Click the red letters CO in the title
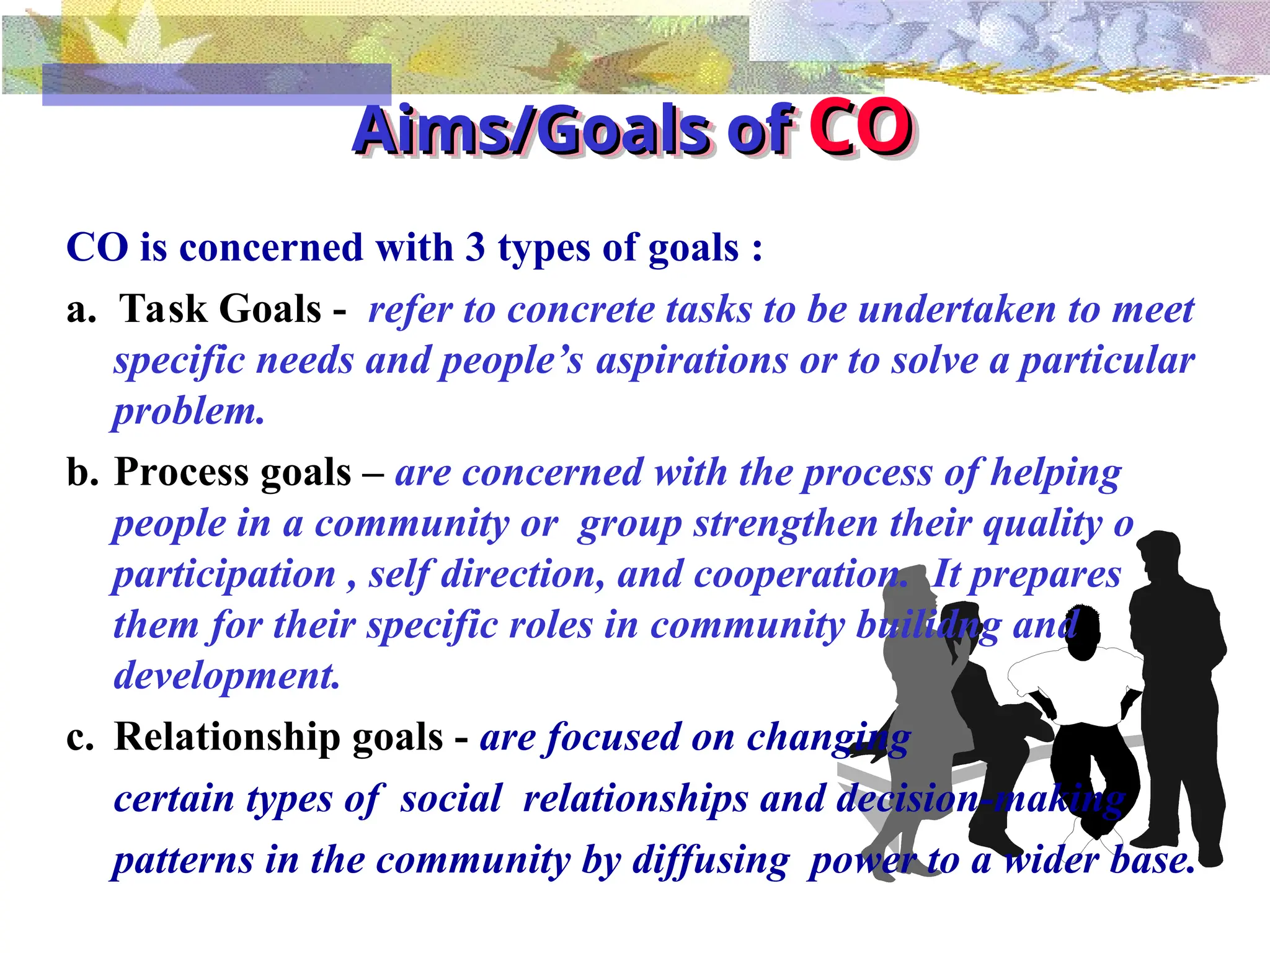click(861, 128)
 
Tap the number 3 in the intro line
click(475, 248)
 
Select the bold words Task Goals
click(220, 309)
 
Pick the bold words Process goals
click(233, 472)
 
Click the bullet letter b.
click(82, 473)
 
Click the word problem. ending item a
click(189, 412)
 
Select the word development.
click(227, 676)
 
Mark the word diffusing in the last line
click(711, 861)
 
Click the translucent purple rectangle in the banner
click(217, 84)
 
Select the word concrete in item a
click(580, 310)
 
